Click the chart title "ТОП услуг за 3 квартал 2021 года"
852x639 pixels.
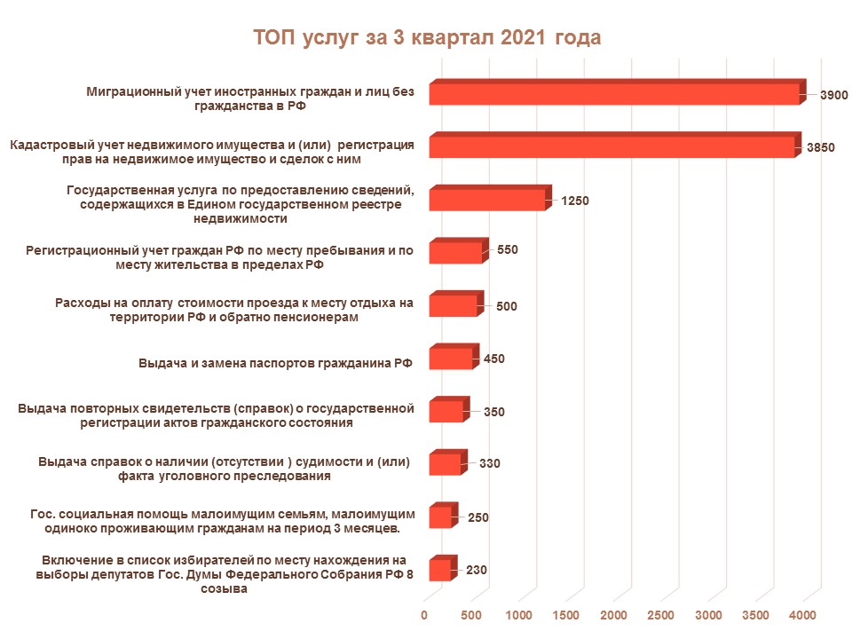427,38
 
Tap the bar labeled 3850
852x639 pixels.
611,146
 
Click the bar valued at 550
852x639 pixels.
455,252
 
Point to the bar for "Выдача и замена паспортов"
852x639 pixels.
450,359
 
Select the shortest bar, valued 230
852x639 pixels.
440,570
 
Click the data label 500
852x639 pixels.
507,306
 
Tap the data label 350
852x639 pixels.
494,412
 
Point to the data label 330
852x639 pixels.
490,463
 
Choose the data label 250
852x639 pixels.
478,517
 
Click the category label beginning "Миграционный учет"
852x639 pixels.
250,98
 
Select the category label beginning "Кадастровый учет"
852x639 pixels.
211,152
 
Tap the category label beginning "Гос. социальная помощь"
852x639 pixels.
223,521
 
